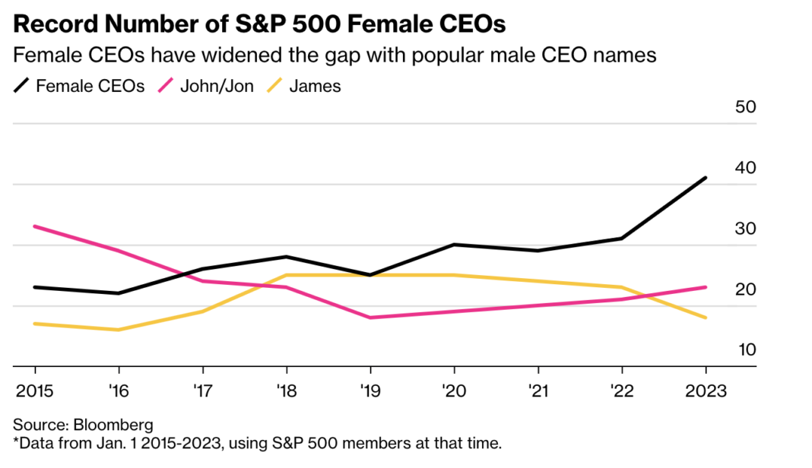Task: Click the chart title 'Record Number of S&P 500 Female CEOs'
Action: tap(259, 24)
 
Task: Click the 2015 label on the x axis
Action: tap(35, 391)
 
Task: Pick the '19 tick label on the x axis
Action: tap(370, 391)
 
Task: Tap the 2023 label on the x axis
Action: tap(706, 391)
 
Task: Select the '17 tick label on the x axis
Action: tap(202, 391)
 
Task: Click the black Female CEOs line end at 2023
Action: tap(706, 178)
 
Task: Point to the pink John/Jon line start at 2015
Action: tap(35, 226)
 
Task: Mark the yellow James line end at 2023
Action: tap(706, 318)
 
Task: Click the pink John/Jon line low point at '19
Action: tap(370, 318)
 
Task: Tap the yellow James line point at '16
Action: tap(119, 330)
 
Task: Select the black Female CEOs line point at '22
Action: tap(622, 239)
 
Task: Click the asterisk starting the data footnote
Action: tap(17, 441)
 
